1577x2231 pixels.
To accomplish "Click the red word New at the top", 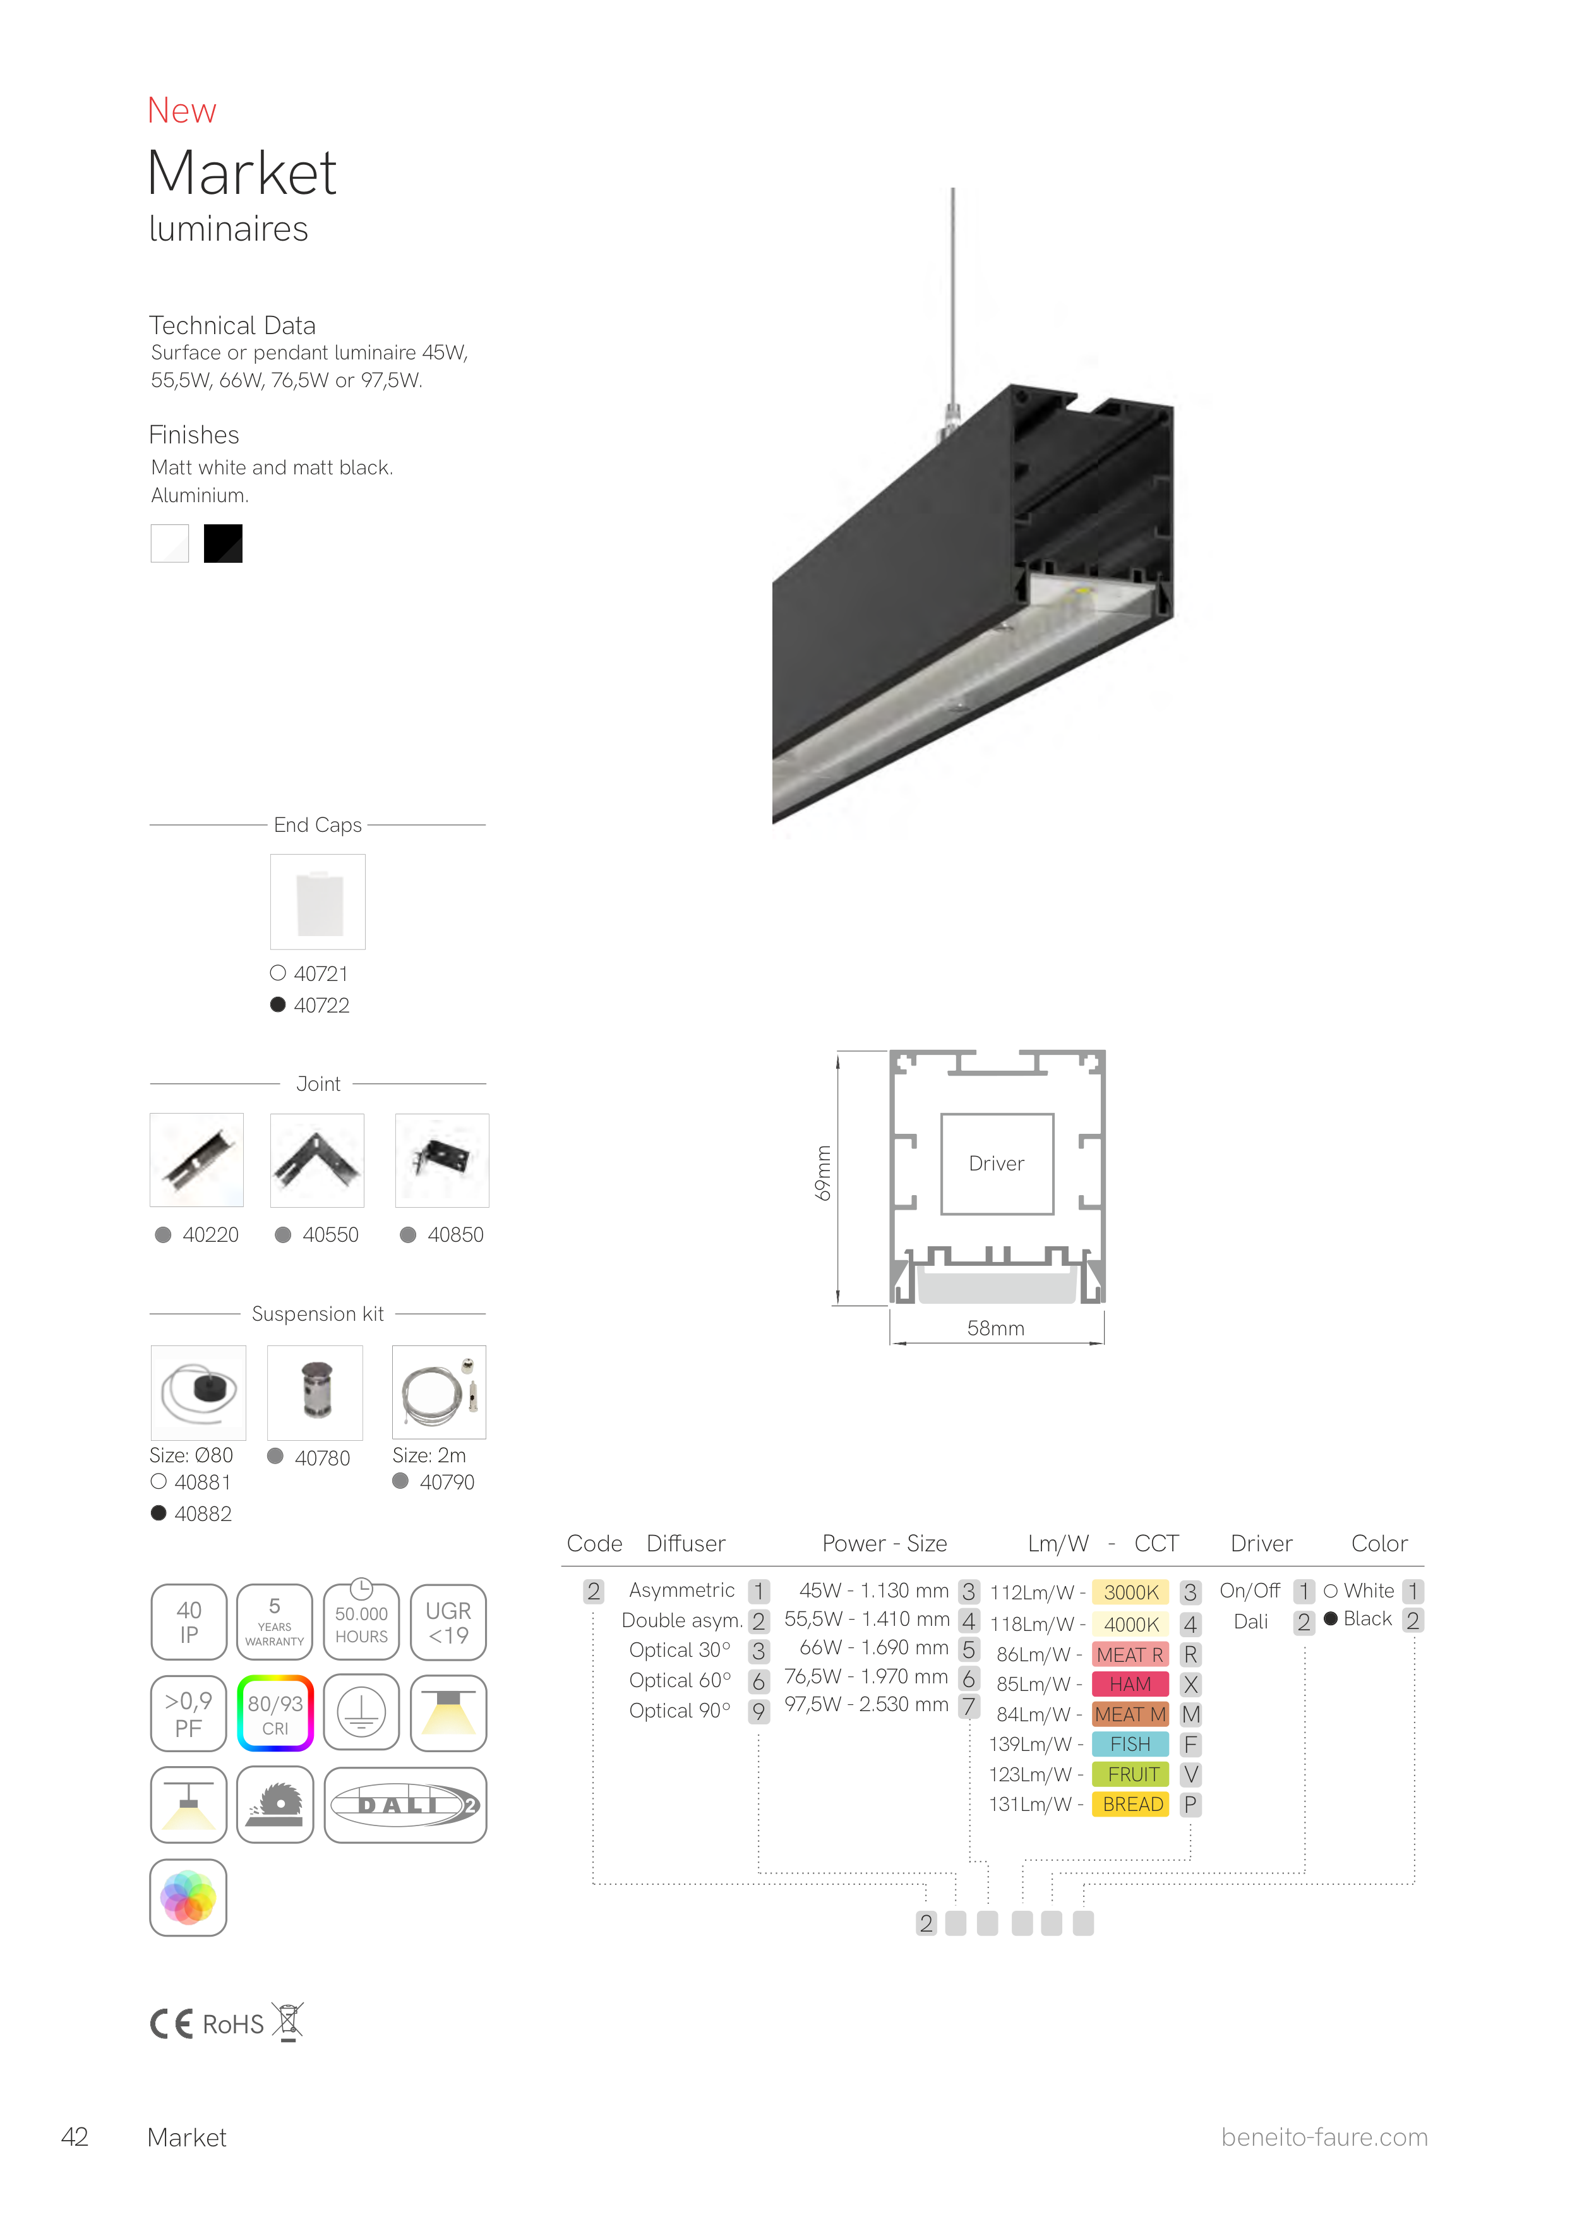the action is [x=182, y=111].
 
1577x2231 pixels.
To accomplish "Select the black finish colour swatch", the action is [x=222, y=543].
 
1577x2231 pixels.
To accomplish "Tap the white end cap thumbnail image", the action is [x=318, y=902].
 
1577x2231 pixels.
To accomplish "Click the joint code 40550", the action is [x=330, y=1235].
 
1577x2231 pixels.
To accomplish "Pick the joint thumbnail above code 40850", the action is [x=442, y=1160].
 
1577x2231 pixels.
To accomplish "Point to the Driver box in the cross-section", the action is [x=997, y=1164].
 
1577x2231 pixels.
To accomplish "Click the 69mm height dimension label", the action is [x=823, y=1174].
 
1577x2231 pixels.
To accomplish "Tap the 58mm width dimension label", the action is [x=996, y=1328].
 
